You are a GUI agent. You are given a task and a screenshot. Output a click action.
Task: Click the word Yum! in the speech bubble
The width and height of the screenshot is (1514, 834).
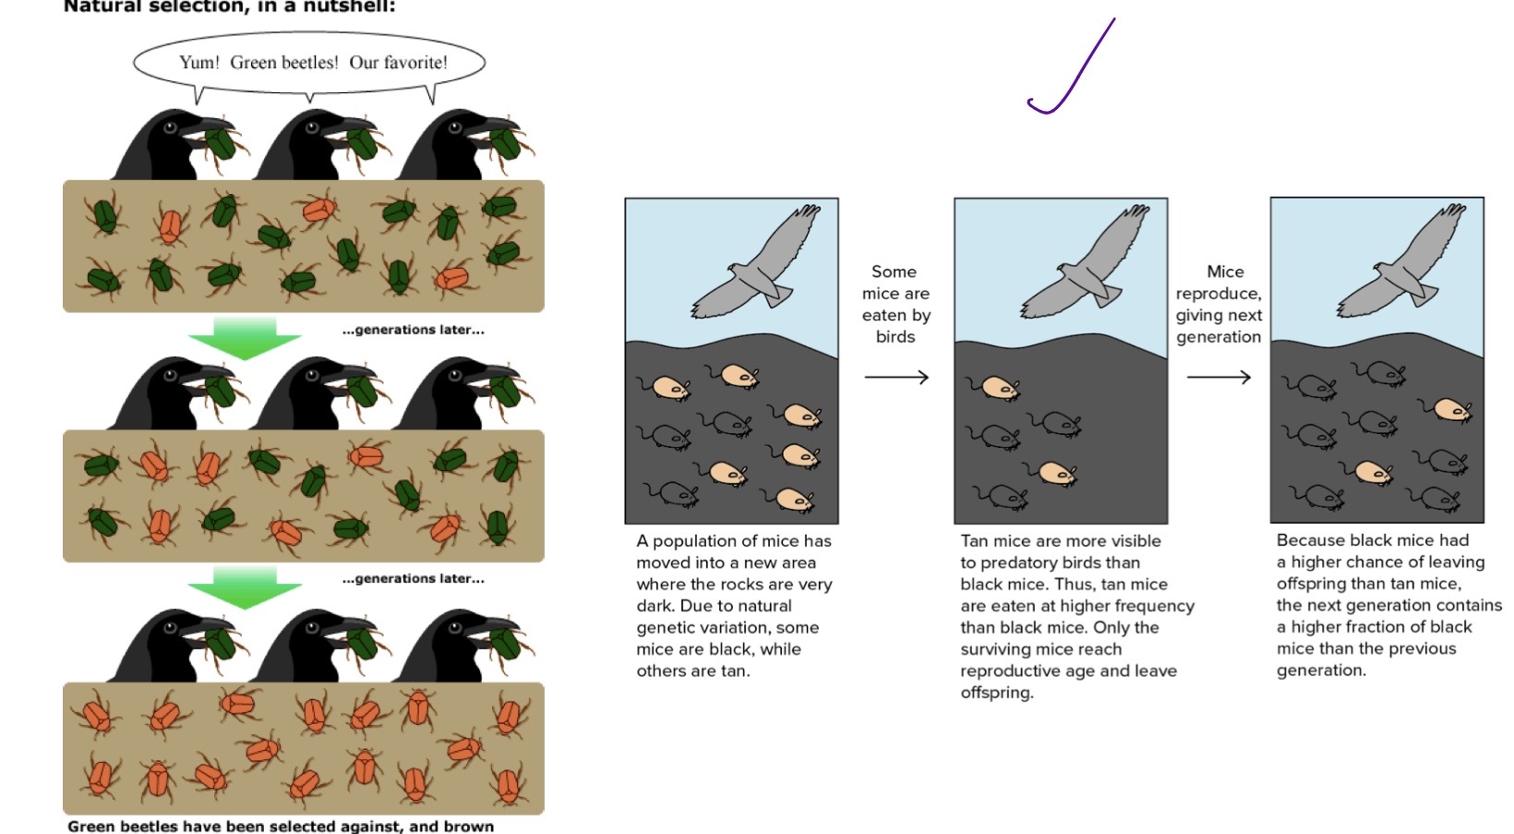tap(198, 63)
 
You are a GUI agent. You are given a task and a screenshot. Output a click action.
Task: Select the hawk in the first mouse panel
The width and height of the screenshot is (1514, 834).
tap(757, 263)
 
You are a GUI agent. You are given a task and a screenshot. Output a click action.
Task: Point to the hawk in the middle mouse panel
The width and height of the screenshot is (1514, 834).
tap(1086, 263)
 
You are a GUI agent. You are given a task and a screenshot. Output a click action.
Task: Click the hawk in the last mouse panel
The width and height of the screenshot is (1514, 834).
tap(1402, 263)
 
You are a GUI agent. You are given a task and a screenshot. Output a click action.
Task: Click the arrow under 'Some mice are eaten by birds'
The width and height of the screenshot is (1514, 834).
tap(895, 377)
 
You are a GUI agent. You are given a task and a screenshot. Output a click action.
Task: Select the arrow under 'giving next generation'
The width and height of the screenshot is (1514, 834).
tap(1218, 377)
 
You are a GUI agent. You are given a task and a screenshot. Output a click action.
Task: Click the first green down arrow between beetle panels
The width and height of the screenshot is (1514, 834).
tap(245, 338)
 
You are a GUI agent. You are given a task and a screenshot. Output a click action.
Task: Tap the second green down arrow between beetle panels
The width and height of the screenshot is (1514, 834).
tap(245, 588)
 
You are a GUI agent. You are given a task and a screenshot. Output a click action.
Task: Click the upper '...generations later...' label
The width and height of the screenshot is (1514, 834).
tap(413, 330)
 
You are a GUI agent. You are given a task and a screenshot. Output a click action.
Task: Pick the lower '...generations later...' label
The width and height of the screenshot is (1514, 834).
tap(413, 579)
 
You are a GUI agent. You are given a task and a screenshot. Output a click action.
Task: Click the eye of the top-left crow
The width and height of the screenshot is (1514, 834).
tap(170, 127)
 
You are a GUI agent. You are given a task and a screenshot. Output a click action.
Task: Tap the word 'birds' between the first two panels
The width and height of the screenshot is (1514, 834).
tap(895, 337)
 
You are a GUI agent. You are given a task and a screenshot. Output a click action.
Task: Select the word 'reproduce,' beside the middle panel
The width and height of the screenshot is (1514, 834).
tap(1218, 294)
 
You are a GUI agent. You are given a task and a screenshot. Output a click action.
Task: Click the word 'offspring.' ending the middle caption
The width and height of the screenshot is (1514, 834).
tap(996, 693)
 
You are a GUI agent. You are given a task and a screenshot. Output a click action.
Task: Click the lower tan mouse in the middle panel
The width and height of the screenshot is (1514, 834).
tap(1055, 474)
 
